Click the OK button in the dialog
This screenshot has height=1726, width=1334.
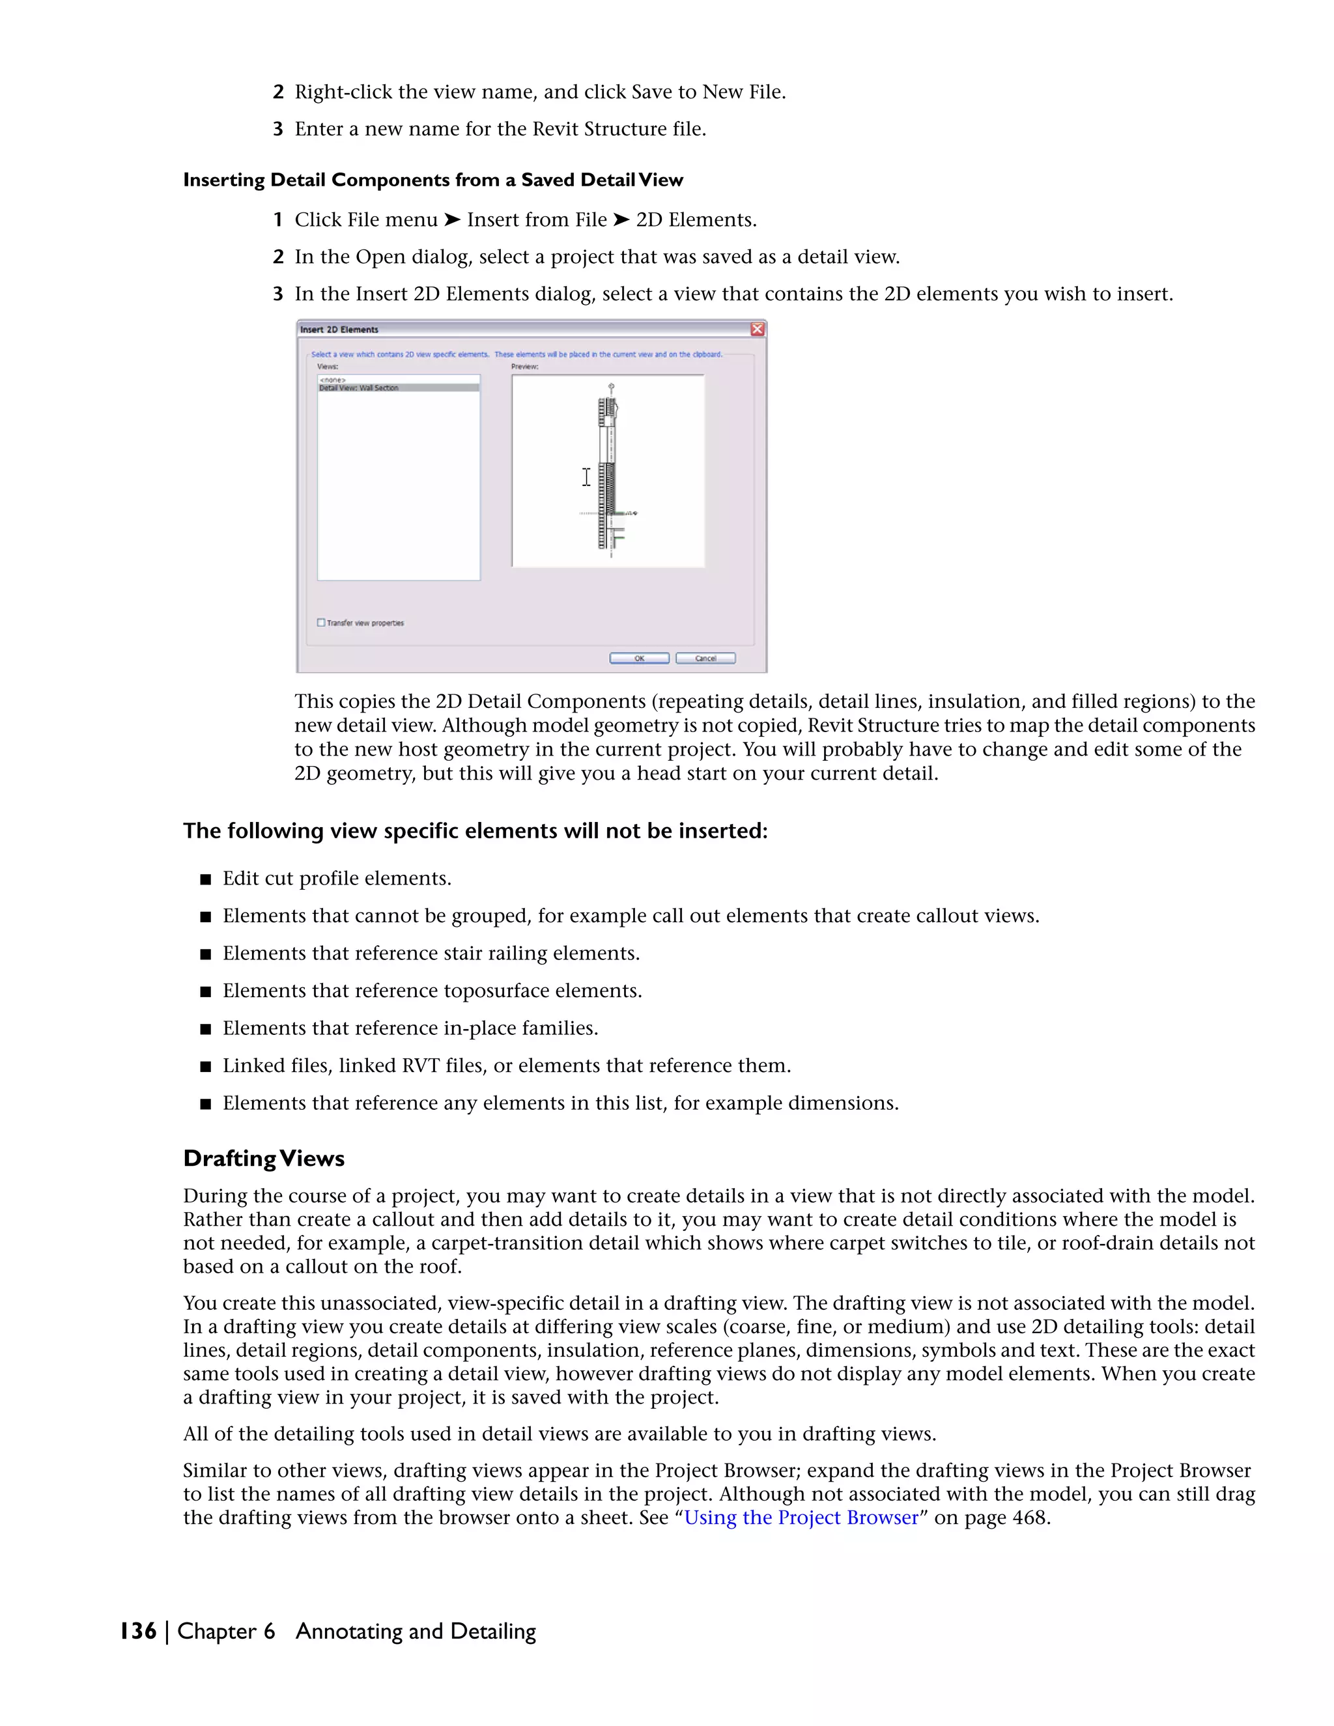point(638,658)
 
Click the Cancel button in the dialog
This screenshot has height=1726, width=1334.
point(705,658)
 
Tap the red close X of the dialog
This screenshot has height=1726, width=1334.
point(757,329)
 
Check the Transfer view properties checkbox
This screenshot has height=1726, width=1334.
point(321,623)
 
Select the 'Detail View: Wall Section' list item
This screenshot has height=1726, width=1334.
point(360,388)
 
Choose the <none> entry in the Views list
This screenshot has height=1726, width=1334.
point(333,380)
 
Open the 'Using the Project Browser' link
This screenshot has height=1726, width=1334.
point(801,1518)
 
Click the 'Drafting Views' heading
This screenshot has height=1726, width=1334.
point(264,1159)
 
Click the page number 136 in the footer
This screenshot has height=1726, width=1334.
point(137,1631)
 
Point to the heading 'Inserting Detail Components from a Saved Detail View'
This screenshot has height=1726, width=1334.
point(433,180)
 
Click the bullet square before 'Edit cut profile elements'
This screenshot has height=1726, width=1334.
point(205,879)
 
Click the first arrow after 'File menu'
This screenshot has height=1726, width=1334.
point(451,219)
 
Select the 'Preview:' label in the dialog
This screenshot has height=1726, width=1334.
point(525,367)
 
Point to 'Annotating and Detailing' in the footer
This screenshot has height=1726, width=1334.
point(415,1631)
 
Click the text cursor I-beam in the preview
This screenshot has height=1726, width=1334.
point(586,477)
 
